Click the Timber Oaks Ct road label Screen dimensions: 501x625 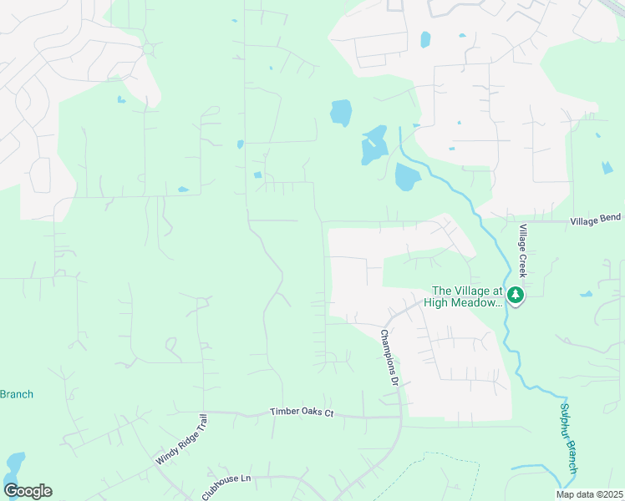(302, 412)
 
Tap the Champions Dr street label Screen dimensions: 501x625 (389, 357)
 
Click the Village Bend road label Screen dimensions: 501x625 (597, 219)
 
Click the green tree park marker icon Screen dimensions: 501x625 (516, 295)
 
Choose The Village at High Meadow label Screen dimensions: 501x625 (466, 296)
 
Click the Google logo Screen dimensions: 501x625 (28, 491)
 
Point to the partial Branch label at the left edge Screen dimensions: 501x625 (16, 394)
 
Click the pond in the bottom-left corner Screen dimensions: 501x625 (14, 464)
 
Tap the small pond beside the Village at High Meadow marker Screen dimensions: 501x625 (586, 294)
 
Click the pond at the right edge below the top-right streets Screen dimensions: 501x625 (607, 168)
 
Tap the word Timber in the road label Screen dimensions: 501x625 (284, 412)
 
